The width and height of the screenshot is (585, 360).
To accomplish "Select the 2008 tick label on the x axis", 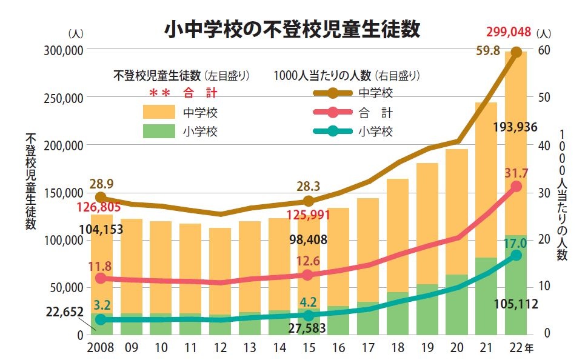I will [101, 348].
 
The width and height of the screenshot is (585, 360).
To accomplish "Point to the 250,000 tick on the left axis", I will [64, 98].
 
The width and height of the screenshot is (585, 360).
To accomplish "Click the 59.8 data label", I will [488, 52].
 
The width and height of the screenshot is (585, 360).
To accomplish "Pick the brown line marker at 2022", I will [516, 53].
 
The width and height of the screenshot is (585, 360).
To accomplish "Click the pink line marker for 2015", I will [307, 275].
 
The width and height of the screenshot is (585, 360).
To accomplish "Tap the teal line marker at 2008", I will [101, 319].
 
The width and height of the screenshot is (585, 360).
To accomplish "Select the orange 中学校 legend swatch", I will [159, 112].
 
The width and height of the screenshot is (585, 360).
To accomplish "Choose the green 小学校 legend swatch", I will [159, 132].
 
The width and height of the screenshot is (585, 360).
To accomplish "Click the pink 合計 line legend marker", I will [332, 112].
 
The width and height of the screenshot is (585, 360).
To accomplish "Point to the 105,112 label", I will [515, 305].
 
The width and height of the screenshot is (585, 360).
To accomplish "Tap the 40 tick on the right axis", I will [544, 145].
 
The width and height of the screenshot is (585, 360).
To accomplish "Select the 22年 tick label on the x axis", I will [520, 348].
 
